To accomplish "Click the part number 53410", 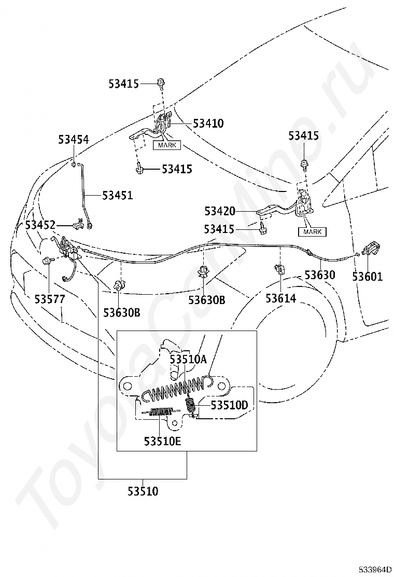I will [208, 123].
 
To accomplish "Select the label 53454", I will [73, 140].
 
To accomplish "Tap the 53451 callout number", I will [117, 196].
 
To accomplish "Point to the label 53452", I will [40, 225].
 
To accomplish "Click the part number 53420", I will [220, 211].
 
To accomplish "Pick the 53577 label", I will [50, 299].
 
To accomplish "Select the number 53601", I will [368, 277].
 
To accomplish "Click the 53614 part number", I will [281, 298].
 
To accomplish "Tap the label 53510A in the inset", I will [188, 359].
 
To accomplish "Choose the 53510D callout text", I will [230, 405].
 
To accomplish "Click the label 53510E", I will [162, 441].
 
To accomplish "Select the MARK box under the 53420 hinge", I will [312, 232].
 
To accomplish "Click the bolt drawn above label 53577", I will [48, 261].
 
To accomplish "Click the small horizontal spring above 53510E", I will [160, 413].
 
